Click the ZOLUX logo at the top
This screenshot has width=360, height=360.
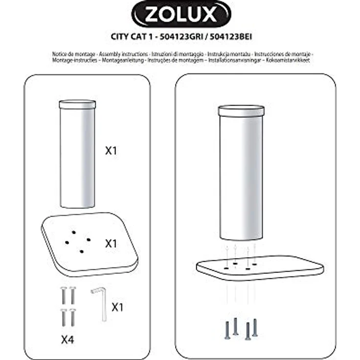(180, 15)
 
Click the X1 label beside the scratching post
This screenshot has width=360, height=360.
(112, 151)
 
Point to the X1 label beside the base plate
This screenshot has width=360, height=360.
(112, 243)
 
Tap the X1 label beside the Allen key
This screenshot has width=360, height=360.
(118, 307)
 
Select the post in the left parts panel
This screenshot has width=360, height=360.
(77, 157)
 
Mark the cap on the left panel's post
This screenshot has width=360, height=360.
(77, 104)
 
